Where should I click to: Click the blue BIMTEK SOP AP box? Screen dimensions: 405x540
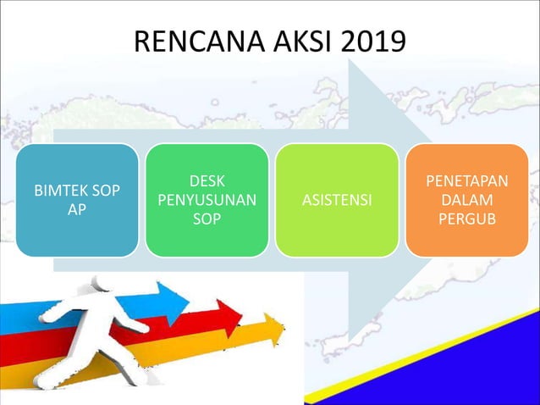tap(77, 200)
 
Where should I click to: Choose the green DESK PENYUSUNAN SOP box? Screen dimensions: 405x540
tap(207, 200)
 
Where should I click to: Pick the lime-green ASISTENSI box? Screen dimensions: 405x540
tap(337, 200)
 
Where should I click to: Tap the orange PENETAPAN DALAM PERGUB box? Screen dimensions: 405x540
tap(467, 200)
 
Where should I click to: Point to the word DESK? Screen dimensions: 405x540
tap(207, 181)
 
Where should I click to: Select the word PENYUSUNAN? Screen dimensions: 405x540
tap(207, 200)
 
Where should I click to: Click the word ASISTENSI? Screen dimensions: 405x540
tap(337, 201)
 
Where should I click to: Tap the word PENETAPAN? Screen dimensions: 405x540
tap(467, 181)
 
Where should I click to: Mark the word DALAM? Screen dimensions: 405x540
tap(467, 200)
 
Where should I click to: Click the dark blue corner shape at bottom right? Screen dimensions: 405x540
tap(474, 364)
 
